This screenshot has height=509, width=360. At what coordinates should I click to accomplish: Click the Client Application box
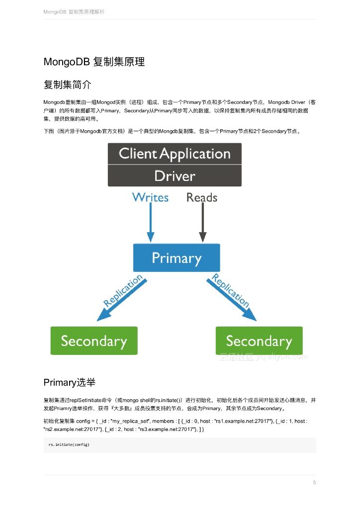[175, 154]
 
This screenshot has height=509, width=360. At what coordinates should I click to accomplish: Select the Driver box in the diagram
[175, 176]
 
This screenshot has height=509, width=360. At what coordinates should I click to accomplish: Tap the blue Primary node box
[176, 258]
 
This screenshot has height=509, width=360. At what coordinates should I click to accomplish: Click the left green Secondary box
[94, 340]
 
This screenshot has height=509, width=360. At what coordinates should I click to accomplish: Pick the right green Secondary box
[259, 340]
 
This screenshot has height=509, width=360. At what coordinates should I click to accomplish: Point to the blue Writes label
[150, 197]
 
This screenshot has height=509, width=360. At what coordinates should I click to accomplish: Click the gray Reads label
[201, 197]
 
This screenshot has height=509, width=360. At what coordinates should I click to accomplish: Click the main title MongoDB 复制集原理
[94, 62]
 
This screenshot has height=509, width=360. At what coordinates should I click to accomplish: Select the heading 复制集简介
[67, 84]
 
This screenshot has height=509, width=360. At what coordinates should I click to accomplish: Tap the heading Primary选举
[70, 382]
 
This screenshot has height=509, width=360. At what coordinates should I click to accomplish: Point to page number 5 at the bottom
[314, 483]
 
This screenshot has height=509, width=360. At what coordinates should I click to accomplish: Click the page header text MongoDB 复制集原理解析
[74, 11]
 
